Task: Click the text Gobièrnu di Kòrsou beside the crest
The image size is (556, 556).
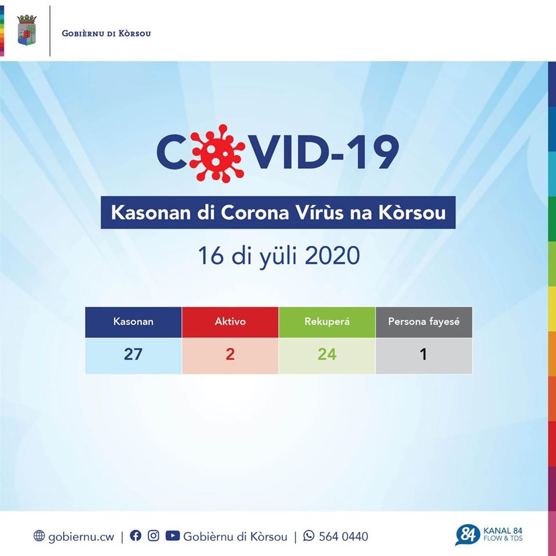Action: click(x=106, y=33)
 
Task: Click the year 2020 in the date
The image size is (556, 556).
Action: click(x=332, y=256)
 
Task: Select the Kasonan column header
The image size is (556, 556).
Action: click(x=133, y=321)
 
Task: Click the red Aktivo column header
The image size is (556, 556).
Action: click(x=230, y=321)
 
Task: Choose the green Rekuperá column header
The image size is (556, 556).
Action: click(x=327, y=321)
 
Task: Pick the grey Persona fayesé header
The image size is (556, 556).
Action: click(x=423, y=321)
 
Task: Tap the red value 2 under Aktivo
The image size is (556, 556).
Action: click(x=230, y=354)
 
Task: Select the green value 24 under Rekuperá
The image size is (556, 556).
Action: click(x=327, y=354)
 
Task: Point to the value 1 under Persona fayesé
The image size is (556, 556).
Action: click(x=423, y=354)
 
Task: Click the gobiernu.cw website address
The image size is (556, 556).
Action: click(x=81, y=536)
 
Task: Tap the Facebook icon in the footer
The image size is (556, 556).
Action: click(x=136, y=536)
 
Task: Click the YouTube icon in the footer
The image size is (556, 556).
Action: click(x=172, y=536)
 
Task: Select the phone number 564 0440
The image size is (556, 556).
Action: click(x=343, y=536)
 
